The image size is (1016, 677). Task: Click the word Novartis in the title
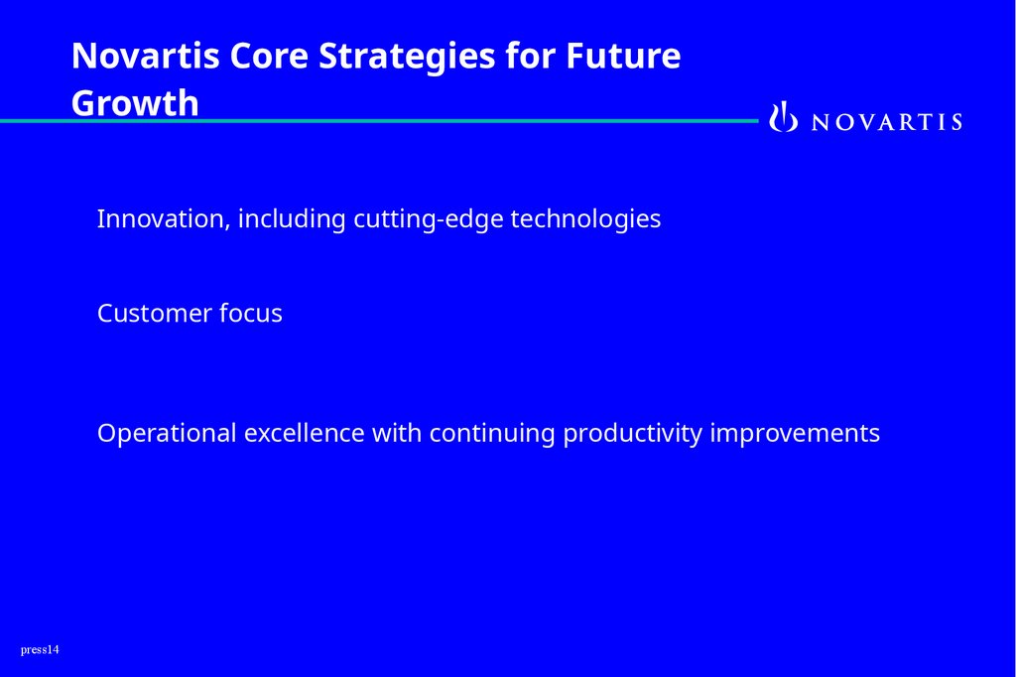(145, 56)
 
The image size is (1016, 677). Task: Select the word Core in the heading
(269, 56)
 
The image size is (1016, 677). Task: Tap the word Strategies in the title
(407, 57)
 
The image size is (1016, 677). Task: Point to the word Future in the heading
(623, 56)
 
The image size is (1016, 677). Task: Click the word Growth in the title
(135, 103)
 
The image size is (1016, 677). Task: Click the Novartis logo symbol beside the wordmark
(784, 117)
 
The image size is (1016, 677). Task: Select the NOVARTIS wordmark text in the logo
(887, 122)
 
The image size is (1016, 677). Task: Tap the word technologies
(585, 219)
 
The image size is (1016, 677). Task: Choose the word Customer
(154, 314)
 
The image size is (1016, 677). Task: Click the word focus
(251, 314)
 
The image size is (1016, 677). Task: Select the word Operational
(167, 433)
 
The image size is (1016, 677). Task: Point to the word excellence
(304, 433)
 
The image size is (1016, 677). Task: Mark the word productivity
(632, 433)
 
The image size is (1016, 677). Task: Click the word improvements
(795, 433)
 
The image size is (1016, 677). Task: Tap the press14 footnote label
(40, 650)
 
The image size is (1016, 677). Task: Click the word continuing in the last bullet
(492, 433)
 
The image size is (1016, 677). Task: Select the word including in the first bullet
(292, 219)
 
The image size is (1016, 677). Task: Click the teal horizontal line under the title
(379, 121)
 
